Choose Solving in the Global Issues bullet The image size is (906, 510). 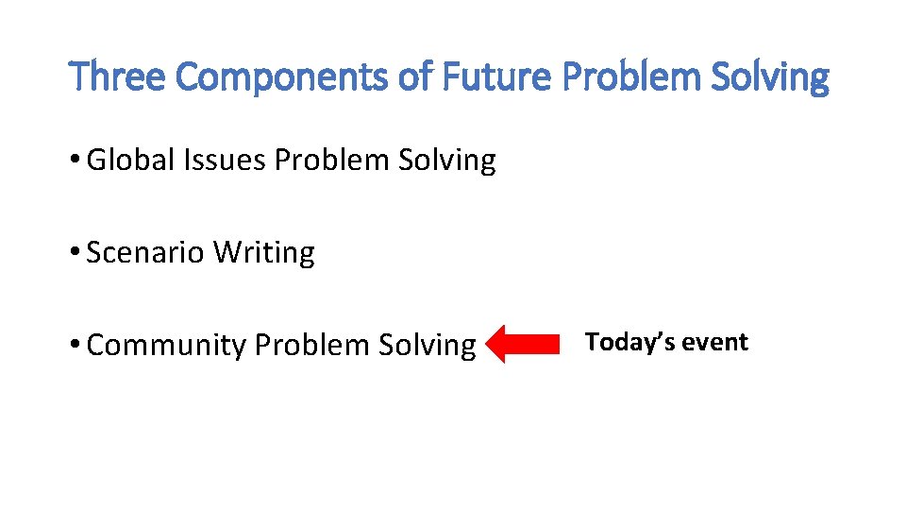coord(446,161)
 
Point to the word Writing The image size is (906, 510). coord(264,253)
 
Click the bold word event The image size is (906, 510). coord(715,342)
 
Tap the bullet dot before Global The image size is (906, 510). coord(75,161)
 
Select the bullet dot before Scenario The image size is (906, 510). coord(75,253)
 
